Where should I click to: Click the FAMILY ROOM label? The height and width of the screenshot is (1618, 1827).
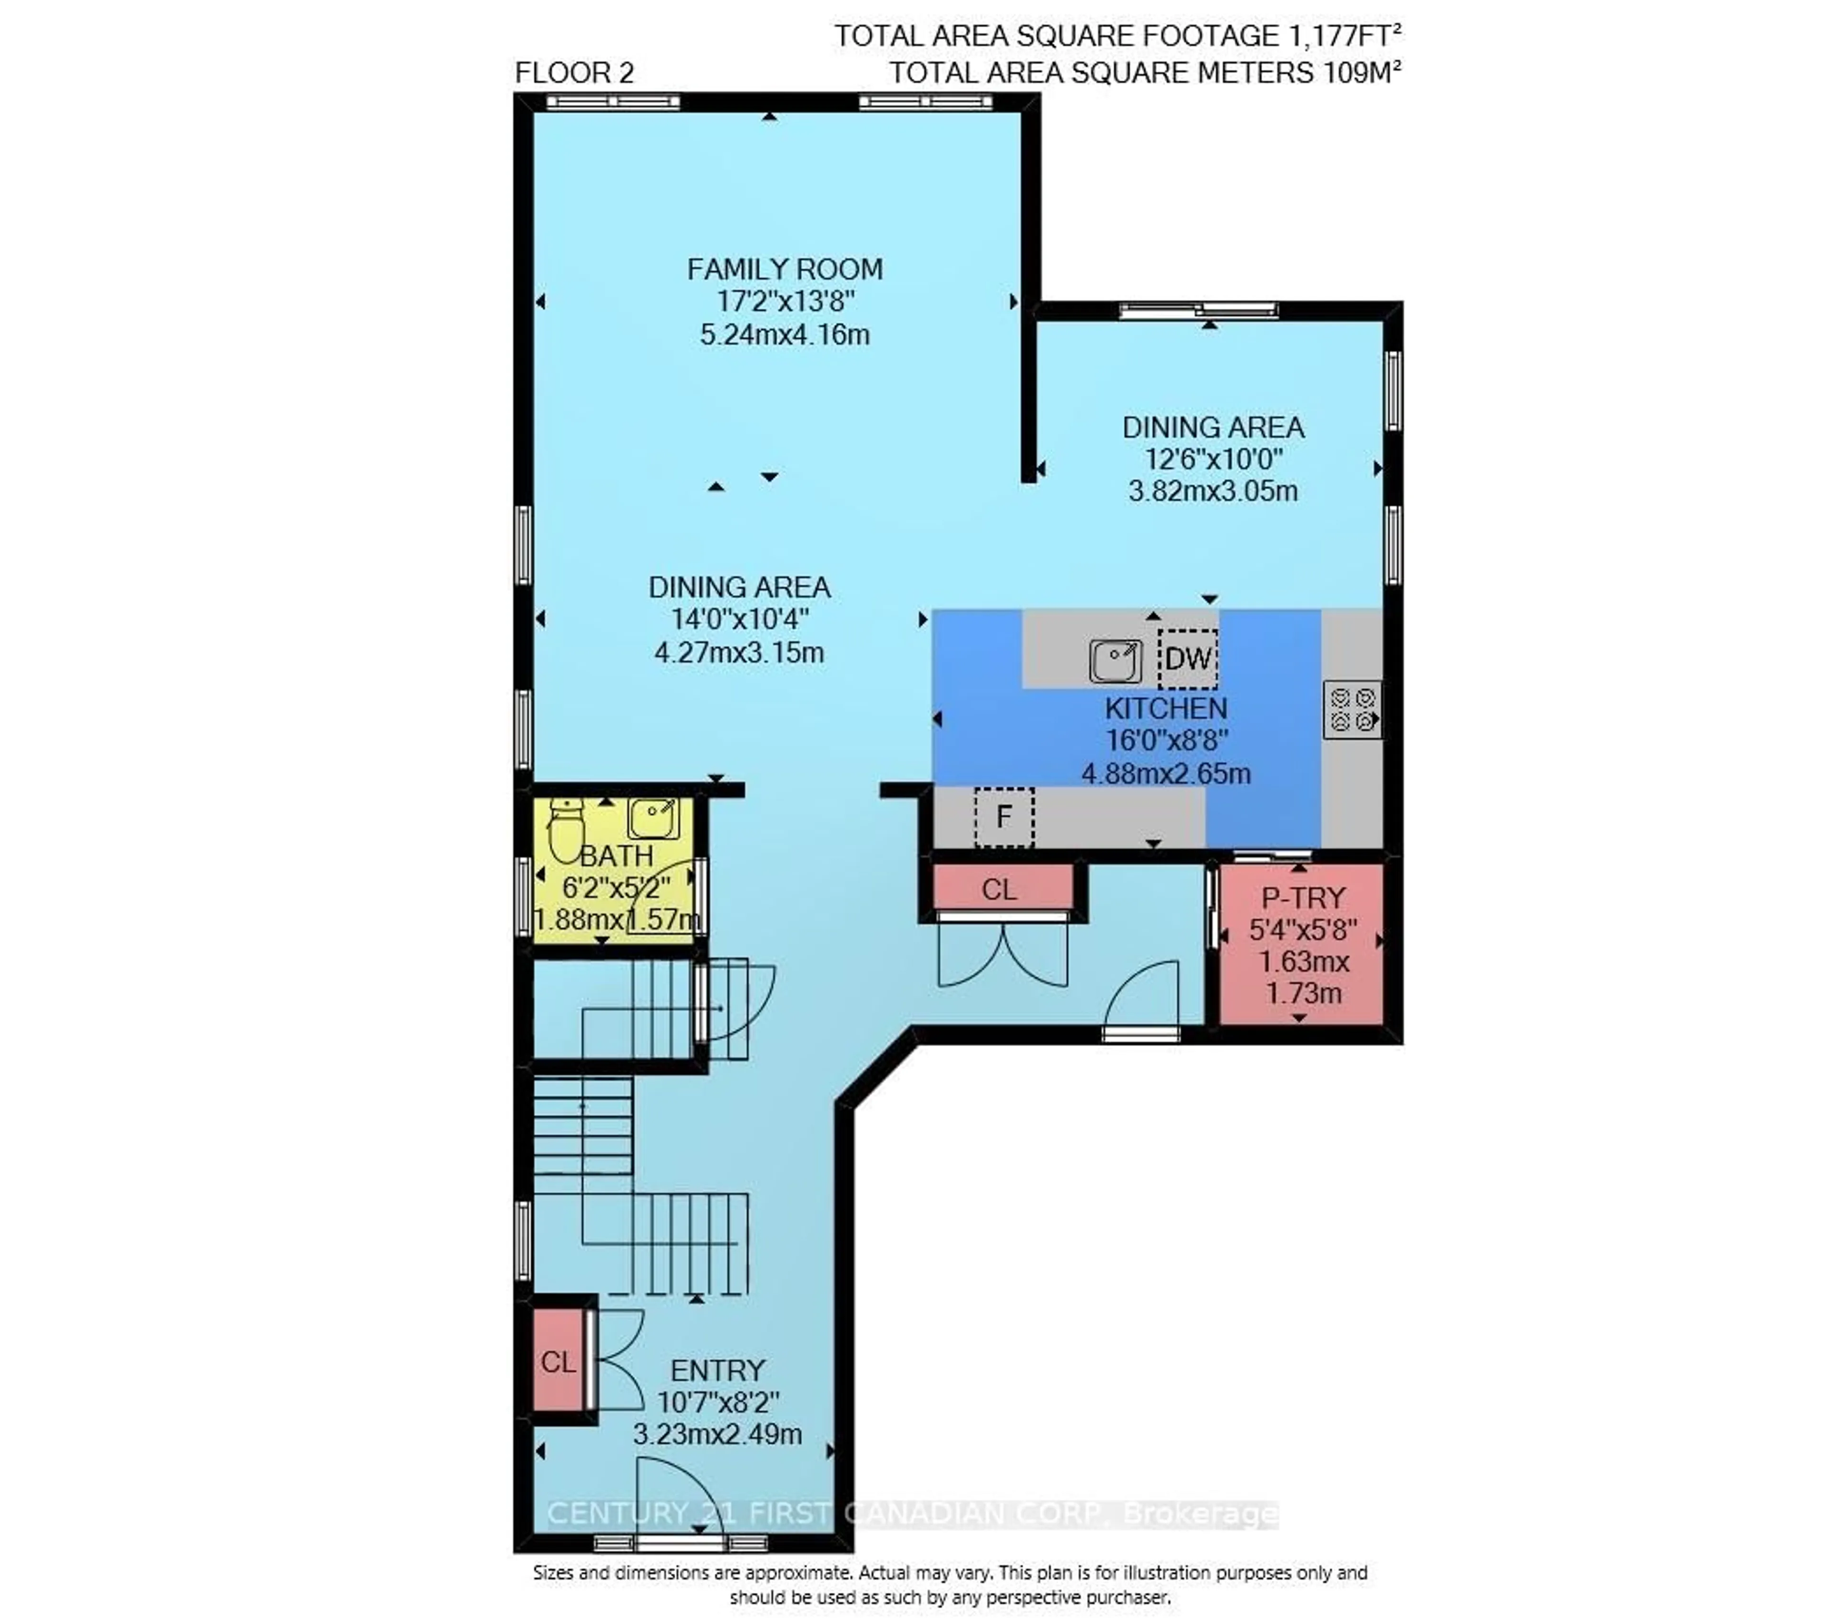click(784, 269)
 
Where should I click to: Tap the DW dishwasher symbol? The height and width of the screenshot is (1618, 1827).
click(1188, 659)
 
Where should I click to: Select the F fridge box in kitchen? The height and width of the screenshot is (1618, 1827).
click(1004, 816)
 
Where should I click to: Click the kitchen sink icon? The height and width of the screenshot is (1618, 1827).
click(1115, 661)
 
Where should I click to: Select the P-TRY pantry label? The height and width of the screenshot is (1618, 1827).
click(1302, 898)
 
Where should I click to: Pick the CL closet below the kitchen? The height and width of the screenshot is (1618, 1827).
click(999, 890)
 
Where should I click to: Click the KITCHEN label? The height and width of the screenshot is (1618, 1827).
click(1166, 709)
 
